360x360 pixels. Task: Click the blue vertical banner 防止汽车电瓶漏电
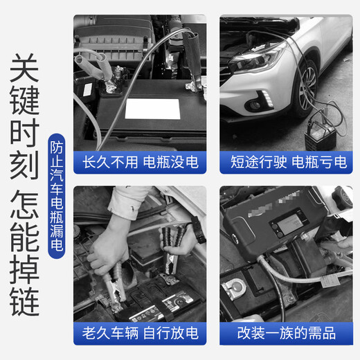57,197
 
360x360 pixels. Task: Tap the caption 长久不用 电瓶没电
140,163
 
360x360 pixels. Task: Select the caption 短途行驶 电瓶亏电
288,163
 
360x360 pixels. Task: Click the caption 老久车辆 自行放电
140,334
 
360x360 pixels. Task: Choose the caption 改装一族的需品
288,334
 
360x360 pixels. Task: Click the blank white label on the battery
156,109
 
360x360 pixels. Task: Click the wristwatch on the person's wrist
197,229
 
